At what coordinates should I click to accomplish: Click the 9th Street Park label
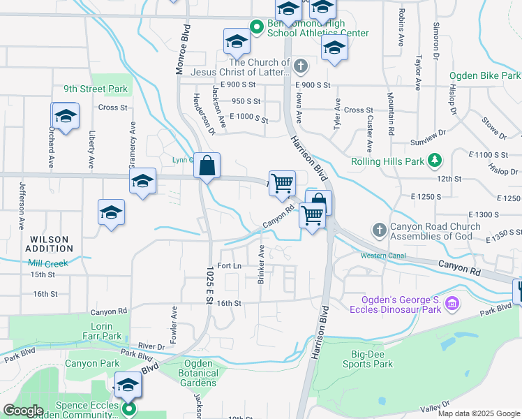pyautogui.click(x=96, y=89)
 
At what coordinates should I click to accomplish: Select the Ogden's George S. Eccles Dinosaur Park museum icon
pyautogui.click(x=452, y=304)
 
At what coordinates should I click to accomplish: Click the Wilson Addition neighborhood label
pyautogui.click(x=49, y=244)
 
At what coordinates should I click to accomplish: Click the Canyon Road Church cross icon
pyautogui.click(x=378, y=230)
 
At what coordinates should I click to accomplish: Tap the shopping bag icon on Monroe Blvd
pyautogui.click(x=207, y=167)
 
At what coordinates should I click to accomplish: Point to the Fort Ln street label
pyautogui.click(x=229, y=266)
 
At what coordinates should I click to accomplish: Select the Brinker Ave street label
pyautogui.click(x=260, y=264)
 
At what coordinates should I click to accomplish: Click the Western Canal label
pyautogui.click(x=383, y=256)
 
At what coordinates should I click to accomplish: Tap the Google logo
pyautogui.click(x=23, y=411)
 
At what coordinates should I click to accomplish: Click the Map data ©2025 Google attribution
pyautogui.click(x=479, y=413)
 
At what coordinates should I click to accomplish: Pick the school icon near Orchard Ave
pyautogui.click(x=66, y=117)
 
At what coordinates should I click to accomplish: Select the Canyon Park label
pyautogui.click(x=92, y=363)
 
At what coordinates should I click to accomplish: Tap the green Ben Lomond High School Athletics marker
pyautogui.click(x=256, y=27)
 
